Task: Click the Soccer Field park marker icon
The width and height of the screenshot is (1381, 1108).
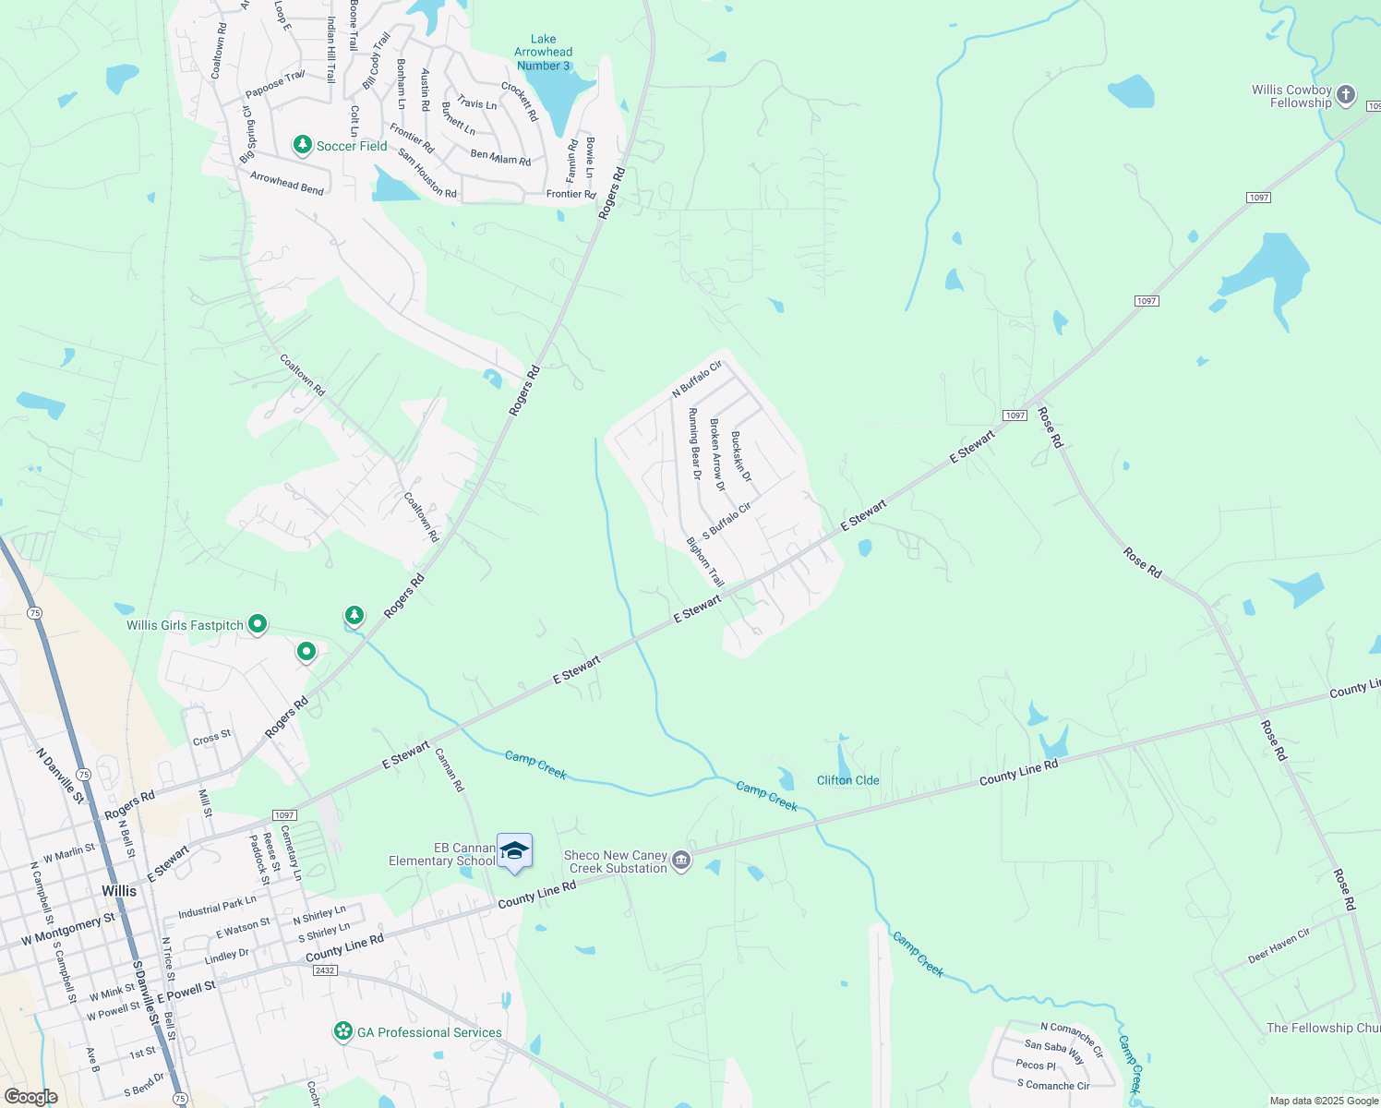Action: [x=302, y=145]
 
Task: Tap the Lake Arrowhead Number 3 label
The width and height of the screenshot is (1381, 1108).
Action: [x=543, y=53]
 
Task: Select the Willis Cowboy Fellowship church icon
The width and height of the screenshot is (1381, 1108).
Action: [x=1346, y=94]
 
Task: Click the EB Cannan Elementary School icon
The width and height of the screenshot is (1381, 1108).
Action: [x=514, y=851]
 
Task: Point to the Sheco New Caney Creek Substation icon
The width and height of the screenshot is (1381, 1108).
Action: [x=681, y=861]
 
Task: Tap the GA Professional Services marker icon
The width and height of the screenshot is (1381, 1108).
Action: [x=343, y=1031]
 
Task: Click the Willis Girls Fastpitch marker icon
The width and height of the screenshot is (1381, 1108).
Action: [x=258, y=625]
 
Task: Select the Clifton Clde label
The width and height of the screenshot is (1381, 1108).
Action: [x=847, y=780]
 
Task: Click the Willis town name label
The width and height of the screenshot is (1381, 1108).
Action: [x=119, y=891]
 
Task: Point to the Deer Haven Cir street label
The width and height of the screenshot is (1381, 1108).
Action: [x=1279, y=945]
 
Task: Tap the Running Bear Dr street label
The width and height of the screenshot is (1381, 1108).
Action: [x=695, y=444]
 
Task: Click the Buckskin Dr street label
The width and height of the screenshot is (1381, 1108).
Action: [x=741, y=456]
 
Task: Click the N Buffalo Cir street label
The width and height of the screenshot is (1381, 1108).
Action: [x=696, y=379]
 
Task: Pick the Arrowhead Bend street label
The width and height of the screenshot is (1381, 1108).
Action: [x=287, y=182]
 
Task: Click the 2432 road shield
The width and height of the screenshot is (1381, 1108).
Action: [x=325, y=970]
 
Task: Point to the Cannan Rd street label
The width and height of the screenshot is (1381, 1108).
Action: [x=450, y=770]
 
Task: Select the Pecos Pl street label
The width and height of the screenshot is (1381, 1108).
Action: [x=1036, y=1065]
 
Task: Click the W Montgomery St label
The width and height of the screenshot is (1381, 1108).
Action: [x=69, y=930]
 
